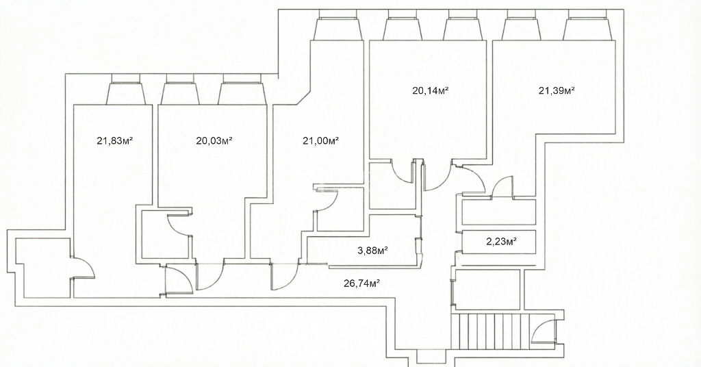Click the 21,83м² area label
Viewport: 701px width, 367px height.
(115, 141)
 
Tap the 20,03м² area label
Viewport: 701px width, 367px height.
(214, 141)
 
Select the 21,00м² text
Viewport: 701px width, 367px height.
(320, 141)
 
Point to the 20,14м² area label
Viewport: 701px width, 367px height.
(430, 91)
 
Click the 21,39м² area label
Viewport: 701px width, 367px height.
(556, 91)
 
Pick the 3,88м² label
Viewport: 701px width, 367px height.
(372, 251)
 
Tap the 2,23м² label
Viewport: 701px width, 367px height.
(501, 242)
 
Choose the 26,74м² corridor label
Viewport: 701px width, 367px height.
(361, 283)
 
